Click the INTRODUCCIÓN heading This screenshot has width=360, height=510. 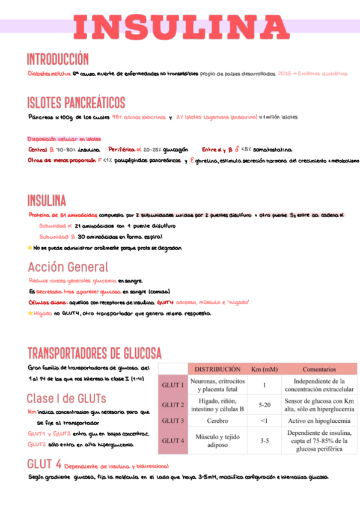point(58,59)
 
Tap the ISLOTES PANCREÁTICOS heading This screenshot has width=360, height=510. point(76,102)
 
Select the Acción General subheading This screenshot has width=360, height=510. point(68,266)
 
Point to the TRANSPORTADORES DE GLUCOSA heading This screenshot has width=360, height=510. point(93,352)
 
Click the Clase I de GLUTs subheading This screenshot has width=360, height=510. point(66,398)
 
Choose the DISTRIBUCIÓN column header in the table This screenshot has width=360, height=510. point(217,369)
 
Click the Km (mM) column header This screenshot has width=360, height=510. point(264,369)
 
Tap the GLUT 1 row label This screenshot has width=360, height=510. point(172,385)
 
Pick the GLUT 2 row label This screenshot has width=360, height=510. point(172,405)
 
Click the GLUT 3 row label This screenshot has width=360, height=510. point(172,420)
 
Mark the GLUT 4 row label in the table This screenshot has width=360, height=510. point(172,440)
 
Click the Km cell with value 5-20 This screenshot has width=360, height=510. point(264,405)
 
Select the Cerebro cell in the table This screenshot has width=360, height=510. point(217,420)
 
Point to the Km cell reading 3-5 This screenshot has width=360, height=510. point(264,440)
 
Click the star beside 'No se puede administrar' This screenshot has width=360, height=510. point(30,248)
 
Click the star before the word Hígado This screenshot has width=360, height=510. point(30,313)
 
